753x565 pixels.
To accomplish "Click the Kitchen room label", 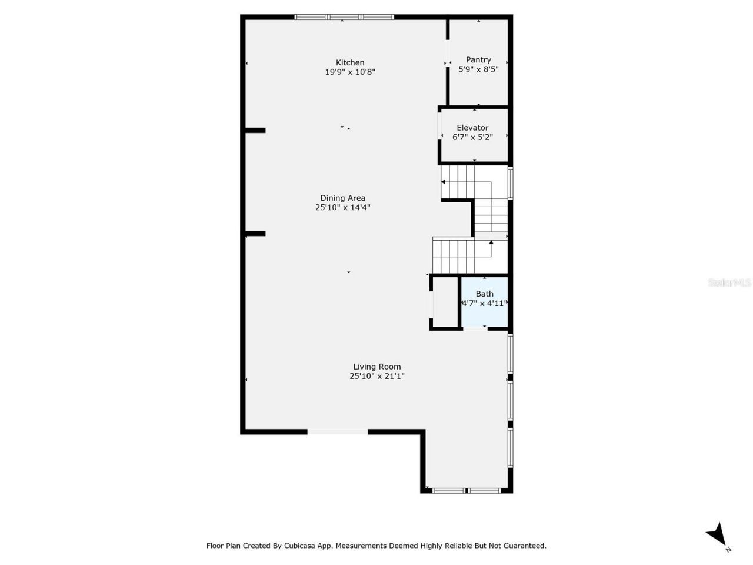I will [x=350, y=62].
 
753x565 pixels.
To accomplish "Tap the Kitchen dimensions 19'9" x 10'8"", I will [x=350, y=72].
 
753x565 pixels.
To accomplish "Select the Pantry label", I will [x=478, y=59].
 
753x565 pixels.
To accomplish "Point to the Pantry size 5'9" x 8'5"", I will [x=478, y=69].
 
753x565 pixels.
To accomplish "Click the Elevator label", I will [x=472, y=128].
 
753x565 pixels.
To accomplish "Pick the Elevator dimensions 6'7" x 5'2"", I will [x=472, y=137].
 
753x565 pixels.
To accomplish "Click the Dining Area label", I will [x=342, y=198].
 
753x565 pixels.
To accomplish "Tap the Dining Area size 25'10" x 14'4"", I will [x=342, y=207].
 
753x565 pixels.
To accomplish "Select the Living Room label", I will [x=376, y=367].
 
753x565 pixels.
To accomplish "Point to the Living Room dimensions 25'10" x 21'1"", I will [x=376, y=376].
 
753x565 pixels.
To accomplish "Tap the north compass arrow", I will [x=717, y=534].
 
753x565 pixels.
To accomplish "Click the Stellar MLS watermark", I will [x=729, y=283].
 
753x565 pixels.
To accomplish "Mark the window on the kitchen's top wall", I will [x=344, y=18].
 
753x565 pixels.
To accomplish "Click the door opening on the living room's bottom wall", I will [x=338, y=432].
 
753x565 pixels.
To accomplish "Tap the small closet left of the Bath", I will [x=445, y=301].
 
